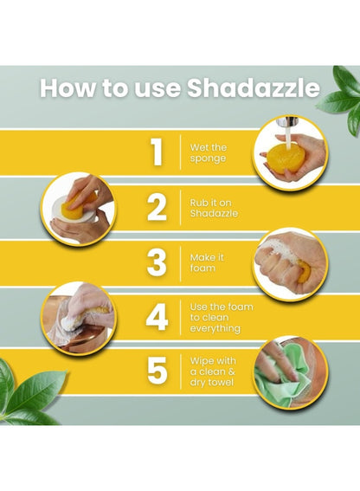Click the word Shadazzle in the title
pos(254,87)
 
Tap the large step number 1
pos(157,152)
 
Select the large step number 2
pos(157,207)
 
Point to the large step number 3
pos(157,262)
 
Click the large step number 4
pos(157,317)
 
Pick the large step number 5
pos(157,371)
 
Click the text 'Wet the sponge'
pos(209,152)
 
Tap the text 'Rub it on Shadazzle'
pos(214,208)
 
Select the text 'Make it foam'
pos(207,262)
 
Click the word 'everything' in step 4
pos(215,328)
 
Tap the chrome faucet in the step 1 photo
pos(286,123)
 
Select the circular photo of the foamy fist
pos(291,265)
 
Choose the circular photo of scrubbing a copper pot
pos(79,318)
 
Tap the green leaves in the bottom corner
pos(29,394)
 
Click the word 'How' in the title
pos(67,87)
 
